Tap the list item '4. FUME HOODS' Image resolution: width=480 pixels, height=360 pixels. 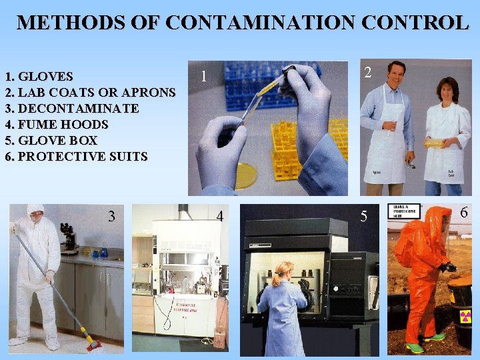[x=56, y=125]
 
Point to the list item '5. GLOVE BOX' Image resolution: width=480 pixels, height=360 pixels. [x=51, y=141]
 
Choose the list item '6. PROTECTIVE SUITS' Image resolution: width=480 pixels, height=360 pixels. [x=76, y=157]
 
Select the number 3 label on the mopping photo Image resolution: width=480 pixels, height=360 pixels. [x=112, y=216]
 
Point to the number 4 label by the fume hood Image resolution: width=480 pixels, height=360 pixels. [x=220, y=216]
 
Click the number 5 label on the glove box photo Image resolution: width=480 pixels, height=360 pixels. [x=363, y=216]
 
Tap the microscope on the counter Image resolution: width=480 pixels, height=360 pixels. [x=68, y=239]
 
